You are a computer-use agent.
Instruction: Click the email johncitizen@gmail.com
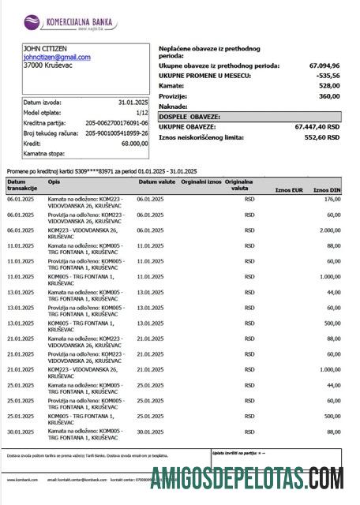click(57, 58)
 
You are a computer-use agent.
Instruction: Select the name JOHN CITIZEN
click(45, 49)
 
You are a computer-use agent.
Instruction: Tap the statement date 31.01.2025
click(133, 103)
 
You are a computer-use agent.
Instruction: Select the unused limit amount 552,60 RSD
click(321, 137)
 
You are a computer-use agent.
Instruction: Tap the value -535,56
click(327, 76)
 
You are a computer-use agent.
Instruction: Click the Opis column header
click(54, 181)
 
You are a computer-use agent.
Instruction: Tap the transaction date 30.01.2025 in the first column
click(21, 431)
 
